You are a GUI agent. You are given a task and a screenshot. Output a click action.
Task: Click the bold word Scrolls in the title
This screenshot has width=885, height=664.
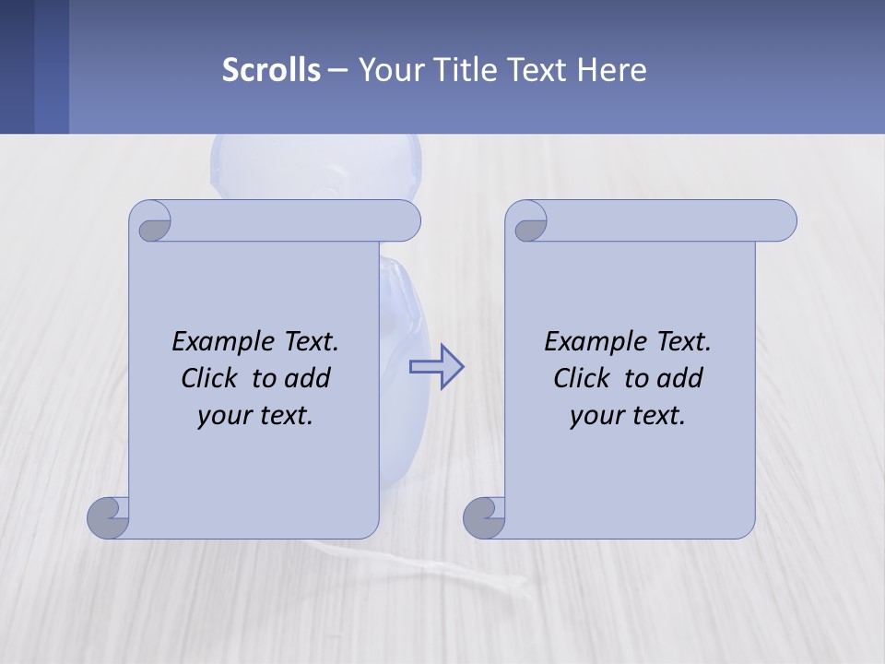click(271, 70)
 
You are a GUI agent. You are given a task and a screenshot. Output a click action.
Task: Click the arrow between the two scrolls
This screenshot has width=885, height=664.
click(436, 367)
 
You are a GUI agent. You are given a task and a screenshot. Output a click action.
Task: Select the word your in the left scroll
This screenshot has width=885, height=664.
click(222, 415)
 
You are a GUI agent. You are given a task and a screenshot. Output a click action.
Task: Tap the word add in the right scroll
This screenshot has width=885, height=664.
click(680, 378)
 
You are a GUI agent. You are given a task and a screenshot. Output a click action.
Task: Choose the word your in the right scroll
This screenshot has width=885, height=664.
click(595, 415)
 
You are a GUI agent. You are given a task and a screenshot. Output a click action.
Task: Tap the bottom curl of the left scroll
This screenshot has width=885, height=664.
click(108, 517)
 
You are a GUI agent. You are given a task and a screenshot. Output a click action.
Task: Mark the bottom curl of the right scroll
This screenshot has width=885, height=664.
click(484, 517)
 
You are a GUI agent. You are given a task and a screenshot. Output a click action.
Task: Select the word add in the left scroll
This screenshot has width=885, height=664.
click(308, 378)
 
